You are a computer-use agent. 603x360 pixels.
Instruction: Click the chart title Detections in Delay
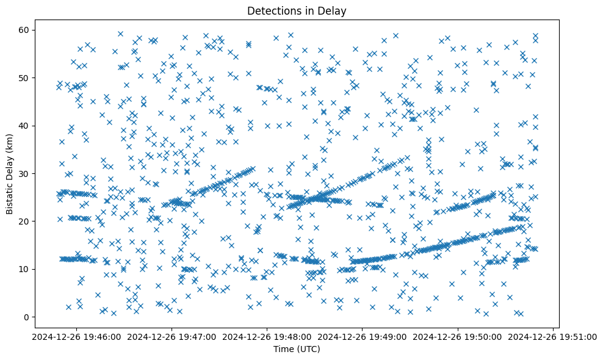coord(296,11)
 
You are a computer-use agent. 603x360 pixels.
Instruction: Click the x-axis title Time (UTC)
coord(296,349)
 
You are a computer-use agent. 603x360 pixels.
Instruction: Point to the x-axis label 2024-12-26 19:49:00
coord(362,336)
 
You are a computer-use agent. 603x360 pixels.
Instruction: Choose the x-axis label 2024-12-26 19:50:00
coord(458,336)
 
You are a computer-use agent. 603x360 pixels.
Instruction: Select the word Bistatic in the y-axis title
coord(10,195)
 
